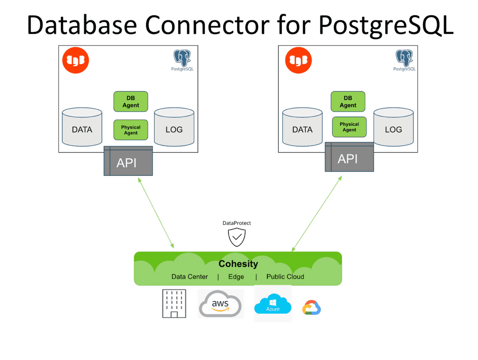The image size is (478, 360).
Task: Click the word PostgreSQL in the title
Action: tap(385, 25)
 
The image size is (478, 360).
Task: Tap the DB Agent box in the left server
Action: tap(131, 101)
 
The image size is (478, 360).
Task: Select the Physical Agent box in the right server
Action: tap(349, 127)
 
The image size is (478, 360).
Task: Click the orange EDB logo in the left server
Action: tap(76, 61)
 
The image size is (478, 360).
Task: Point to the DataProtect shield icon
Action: tap(237, 238)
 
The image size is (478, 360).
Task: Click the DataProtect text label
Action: tap(237, 223)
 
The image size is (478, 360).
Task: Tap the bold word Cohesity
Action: tap(238, 264)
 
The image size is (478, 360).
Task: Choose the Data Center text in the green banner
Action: tap(189, 277)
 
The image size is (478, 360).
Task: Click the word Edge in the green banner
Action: tap(236, 277)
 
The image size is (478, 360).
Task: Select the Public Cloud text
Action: tap(285, 277)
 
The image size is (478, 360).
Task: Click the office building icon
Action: tap(174, 304)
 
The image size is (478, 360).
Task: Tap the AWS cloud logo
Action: tap(220, 304)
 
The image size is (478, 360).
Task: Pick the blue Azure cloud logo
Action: tap(273, 304)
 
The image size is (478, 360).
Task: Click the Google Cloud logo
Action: tap(312, 308)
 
